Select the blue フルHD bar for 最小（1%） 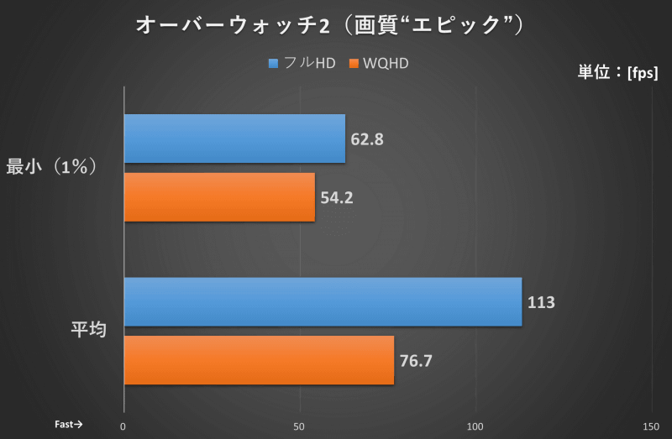pyautogui.click(x=234, y=138)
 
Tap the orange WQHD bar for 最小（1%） pyautogui.click(x=219, y=197)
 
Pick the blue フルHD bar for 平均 pyautogui.click(x=323, y=301)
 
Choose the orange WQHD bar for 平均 pyautogui.click(x=259, y=360)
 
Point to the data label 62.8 pyautogui.click(x=367, y=139)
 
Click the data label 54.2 pyautogui.click(x=337, y=197)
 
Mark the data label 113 pyautogui.click(x=541, y=302)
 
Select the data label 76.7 pyautogui.click(x=416, y=361)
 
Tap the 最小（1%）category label pyautogui.click(x=53, y=166)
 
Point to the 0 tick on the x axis pyautogui.click(x=123, y=426)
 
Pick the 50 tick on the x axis pyautogui.click(x=300, y=426)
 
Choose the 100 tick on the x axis pyautogui.click(x=476, y=426)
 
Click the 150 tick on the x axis pyautogui.click(x=652, y=426)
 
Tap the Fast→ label pyautogui.click(x=68, y=425)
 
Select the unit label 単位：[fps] pyautogui.click(x=617, y=72)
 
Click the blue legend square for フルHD pyautogui.click(x=273, y=64)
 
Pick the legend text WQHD pyautogui.click(x=386, y=64)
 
